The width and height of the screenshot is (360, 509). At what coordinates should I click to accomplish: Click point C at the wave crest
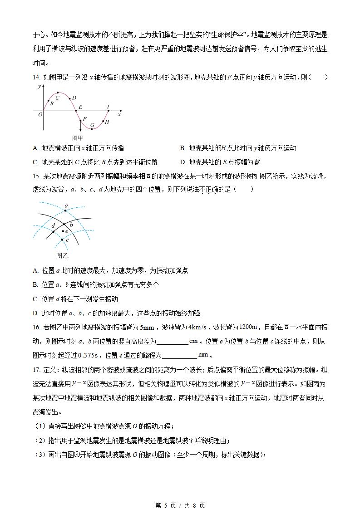pyautogui.click(x=58, y=93)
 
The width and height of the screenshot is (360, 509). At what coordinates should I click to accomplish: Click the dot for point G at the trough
pyautogui.click(x=92, y=129)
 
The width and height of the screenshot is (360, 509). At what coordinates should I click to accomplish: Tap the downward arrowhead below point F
pyautogui.click(x=80, y=131)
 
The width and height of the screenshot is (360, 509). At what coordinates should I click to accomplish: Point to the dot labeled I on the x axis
pyautogui.click(x=108, y=110)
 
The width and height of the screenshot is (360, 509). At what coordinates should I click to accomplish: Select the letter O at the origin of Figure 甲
pyautogui.click(x=40, y=115)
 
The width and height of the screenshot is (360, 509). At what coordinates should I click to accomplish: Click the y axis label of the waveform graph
pyautogui.click(x=39, y=86)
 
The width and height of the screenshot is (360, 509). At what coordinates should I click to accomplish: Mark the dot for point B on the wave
pyautogui.click(x=49, y=101)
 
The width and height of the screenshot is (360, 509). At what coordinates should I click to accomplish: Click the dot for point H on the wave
pyautogui.click(x=103, y=121)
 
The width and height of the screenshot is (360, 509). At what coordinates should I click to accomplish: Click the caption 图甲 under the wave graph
pyautogui.click(x=78, y=138)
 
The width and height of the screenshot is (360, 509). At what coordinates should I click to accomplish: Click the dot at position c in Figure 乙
pyautogui.click(x=62, y=240)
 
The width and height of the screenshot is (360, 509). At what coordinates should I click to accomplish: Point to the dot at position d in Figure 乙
pyautogui.click(x=53, y=231)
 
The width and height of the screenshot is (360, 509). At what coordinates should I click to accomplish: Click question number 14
pyautogui.click(x=37, y=77)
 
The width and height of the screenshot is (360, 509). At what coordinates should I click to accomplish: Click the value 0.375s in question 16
pyautogui.click(x=87, y=355)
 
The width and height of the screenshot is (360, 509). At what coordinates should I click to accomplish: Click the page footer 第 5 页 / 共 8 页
pyautogui.click(x=180, y=505)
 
